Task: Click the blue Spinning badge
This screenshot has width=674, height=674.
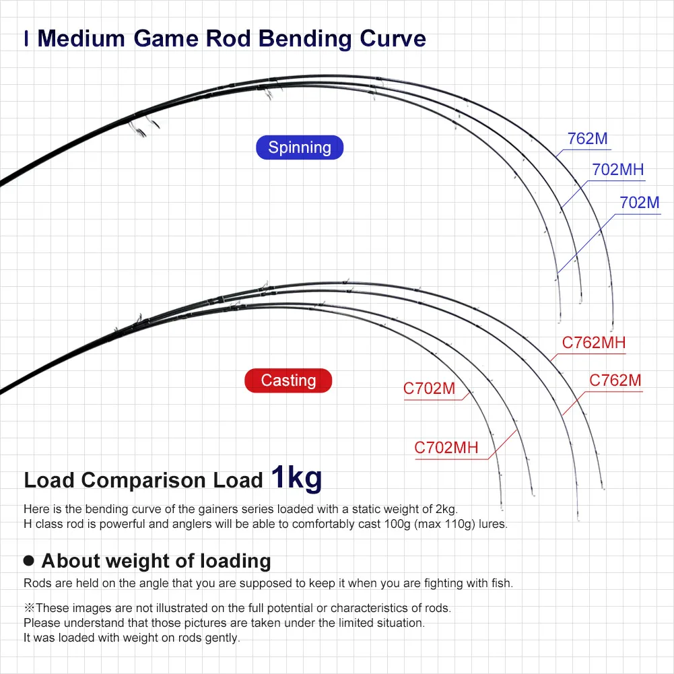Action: pos(300,147)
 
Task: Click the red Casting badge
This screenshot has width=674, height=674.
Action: pos(288,380)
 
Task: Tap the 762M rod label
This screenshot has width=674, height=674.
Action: pos(587,139)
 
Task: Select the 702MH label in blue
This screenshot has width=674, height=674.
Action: pos(618,170)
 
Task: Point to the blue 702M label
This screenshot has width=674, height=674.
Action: pos(639,202)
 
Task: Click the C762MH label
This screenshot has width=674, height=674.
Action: pos(593,343)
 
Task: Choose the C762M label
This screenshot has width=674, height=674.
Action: pos(615,380)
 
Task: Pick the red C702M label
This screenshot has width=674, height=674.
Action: pos(429,389)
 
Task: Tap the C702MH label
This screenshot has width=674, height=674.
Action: pos(446,448)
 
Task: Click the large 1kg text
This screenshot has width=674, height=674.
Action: pos(296,477)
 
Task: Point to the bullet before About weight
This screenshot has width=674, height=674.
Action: pos(29,560)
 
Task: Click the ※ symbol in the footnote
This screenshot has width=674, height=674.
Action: pos(29,608)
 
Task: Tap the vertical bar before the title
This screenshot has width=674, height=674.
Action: pos(26,38)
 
